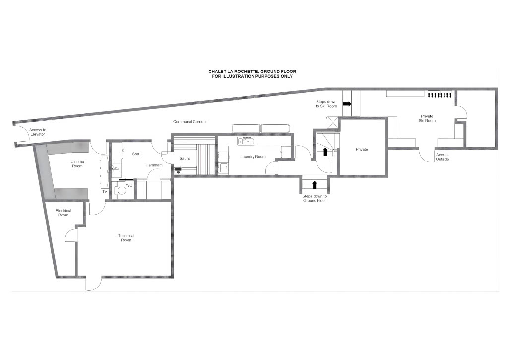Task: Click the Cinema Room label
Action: click(77, 164)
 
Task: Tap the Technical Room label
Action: click(126, 238)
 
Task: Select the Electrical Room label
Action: click(63, 213)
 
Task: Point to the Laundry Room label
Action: click(253, 157)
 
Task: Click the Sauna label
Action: click(185, 158)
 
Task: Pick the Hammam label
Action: click(154, 165)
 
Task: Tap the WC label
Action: click(129, 186)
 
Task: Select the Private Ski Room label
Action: click(427, 118)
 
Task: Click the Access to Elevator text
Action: click(38, 132)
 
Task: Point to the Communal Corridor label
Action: click(190, 122)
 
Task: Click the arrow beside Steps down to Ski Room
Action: click(347, 104)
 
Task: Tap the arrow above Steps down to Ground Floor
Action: click(314, 185)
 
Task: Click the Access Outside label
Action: click(442, 157)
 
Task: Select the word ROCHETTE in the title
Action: click(242, 72)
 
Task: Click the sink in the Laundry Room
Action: click(246, 141)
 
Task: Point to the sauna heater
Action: click(178, 170)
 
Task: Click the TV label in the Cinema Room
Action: click(105, 192)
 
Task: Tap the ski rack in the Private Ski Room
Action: click(440, 94)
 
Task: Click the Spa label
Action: click(136, 154)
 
